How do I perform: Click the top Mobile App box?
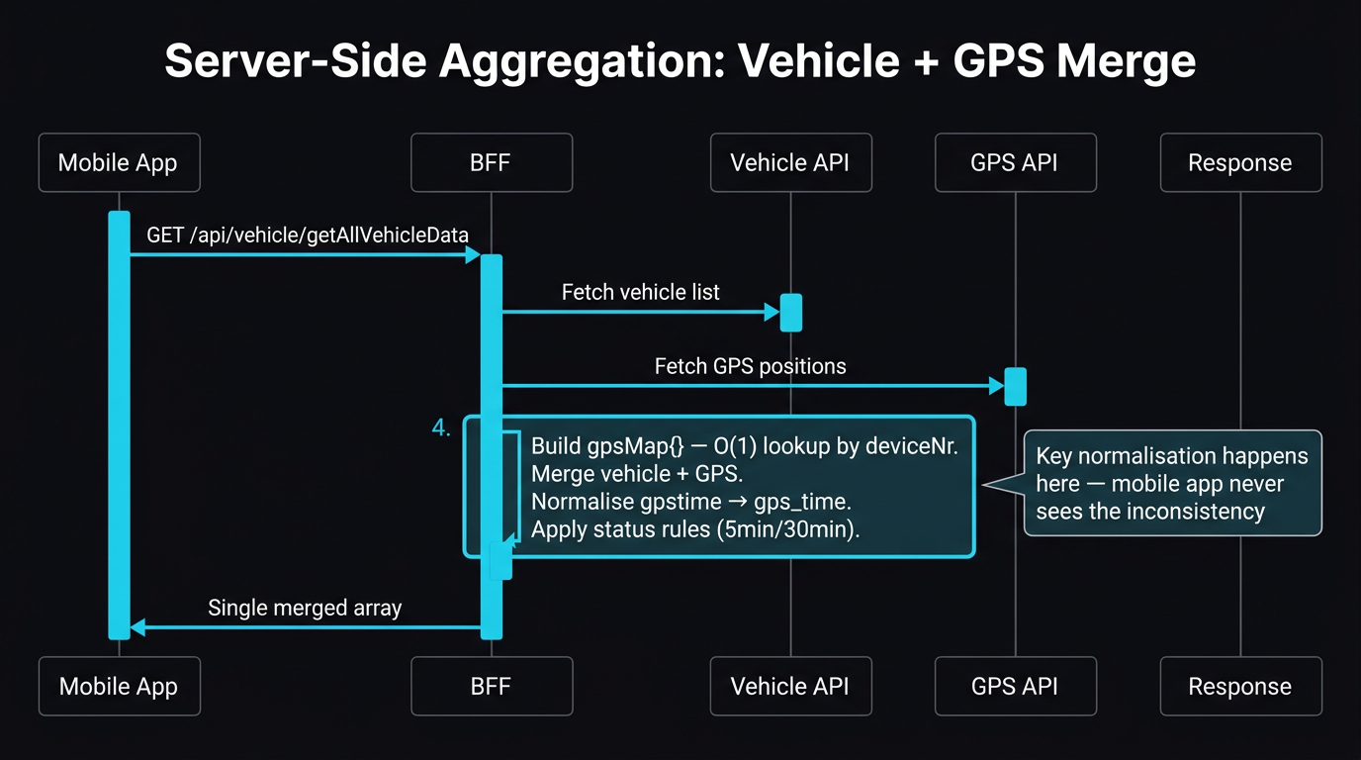[119, 162]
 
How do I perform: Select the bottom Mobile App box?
[119, 686]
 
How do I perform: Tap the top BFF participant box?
[492, 162]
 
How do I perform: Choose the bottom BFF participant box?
[492, 686]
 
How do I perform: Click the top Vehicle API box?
[790, 162]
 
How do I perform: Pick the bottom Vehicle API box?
[790, 686]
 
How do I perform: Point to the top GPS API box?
[1015, 162]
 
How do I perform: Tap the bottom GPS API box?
[1015, 686]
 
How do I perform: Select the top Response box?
[1240, 162]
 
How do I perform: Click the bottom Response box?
[1240, 686]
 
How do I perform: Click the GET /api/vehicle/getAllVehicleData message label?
[308, 235]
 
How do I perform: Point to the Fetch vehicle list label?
[641, 292]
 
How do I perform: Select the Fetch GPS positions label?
[751, 366]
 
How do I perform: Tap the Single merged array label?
[305, 608]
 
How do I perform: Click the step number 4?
[441, 427]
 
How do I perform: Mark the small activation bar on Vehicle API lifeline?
[790, 312]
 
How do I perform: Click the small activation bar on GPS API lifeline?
[1015, 386]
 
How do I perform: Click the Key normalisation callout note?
[1172, 483]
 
